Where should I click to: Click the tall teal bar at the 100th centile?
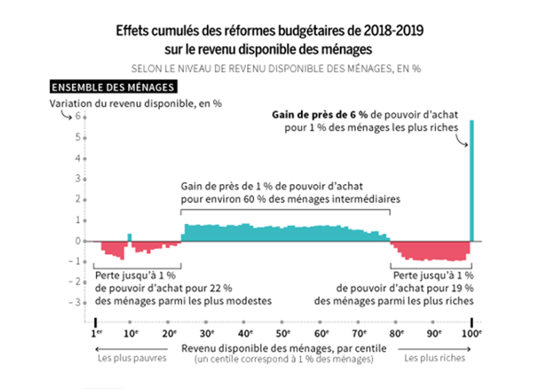(472, 180)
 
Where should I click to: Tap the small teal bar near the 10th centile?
(129, 237)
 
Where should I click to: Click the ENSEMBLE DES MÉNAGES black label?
(113, 87)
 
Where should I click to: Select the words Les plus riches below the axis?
(435, 358)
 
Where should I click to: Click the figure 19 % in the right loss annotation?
(463, 288)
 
